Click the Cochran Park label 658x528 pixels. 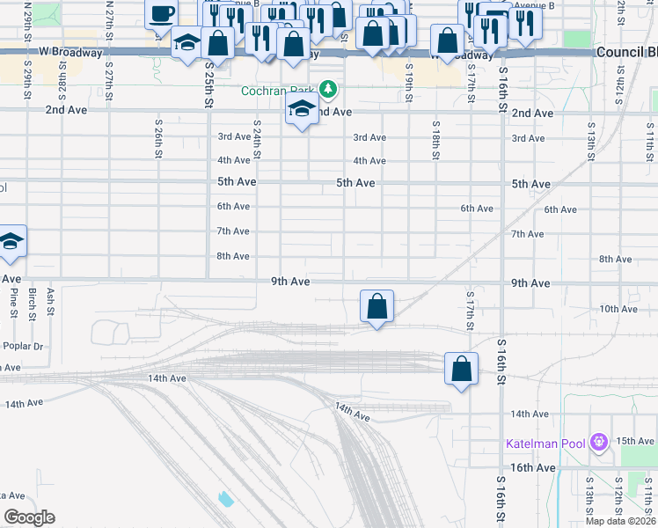click(279, 90)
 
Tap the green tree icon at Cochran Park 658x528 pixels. click(328, 89)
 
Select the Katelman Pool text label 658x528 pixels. click(546, 443)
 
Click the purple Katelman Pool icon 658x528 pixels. click(600, 441)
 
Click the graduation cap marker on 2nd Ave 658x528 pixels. click(302, 110)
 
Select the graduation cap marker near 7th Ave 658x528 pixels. click(10, 242)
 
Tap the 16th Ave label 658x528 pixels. click(533, 467)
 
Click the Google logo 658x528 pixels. click(28, 517)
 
